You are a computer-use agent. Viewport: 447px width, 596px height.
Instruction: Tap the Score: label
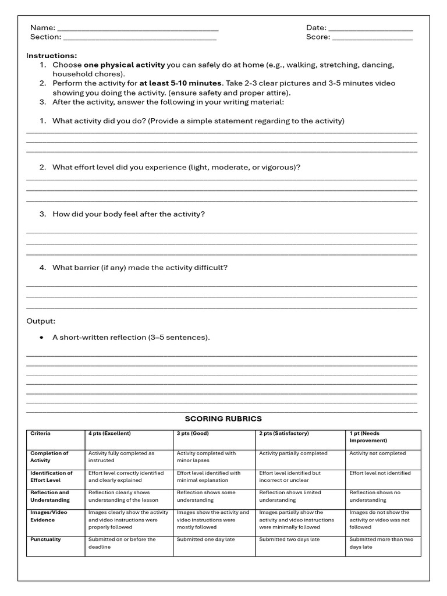[x=318, y=37]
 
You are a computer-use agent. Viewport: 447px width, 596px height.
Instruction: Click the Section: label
[x=45, y=37]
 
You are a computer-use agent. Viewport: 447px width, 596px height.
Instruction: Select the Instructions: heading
[x=51, y=55]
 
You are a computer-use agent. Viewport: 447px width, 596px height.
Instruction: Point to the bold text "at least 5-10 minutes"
[x=180, y=83]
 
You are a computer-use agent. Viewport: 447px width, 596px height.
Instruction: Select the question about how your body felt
[x=129, y=214]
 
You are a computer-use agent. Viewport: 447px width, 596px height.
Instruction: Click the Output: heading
[x=41, y=321]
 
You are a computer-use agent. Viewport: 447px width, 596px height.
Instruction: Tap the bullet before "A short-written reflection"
[x=41, y=338]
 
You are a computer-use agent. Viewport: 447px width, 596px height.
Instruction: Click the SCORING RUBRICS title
[x=223, y=418]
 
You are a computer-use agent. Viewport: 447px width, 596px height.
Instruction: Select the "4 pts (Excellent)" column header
[x=109, y=434]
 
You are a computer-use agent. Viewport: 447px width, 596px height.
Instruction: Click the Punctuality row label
[x=45, y=540]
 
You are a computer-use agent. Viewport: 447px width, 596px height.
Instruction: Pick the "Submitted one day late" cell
[x=206, y=540]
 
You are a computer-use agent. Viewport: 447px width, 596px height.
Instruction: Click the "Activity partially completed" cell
[x=293, y=453]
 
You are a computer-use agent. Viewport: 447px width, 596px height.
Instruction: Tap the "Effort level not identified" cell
[x=380, y=473]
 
